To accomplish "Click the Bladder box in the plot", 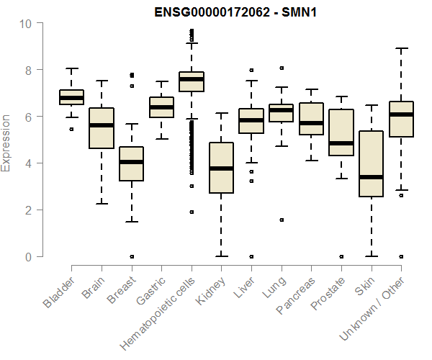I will point(71,97).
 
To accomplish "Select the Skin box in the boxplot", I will point(371,163).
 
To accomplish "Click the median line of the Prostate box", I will point(341,143).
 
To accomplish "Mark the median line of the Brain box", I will point(102,125).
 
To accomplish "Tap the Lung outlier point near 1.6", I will point(281,220).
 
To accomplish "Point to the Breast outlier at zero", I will point(131,256).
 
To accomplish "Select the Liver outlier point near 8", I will point(251,71).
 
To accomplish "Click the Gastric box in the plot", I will point(161,107).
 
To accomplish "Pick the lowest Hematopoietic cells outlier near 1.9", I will point(191,212).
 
